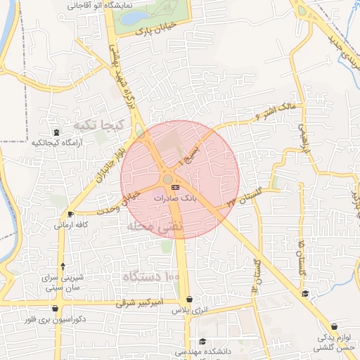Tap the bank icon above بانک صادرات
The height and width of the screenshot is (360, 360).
click(x=174, y=188)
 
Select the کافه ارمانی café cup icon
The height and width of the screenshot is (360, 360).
click(x=70, y=214)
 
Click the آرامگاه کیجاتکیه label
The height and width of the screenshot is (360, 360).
click(x=57, y=143)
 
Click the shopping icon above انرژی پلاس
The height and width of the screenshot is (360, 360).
click(x=190, y=299)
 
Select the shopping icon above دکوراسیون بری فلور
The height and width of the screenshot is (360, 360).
click(x=56, y=308)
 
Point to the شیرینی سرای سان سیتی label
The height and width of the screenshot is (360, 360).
click(x=63, y=283)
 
